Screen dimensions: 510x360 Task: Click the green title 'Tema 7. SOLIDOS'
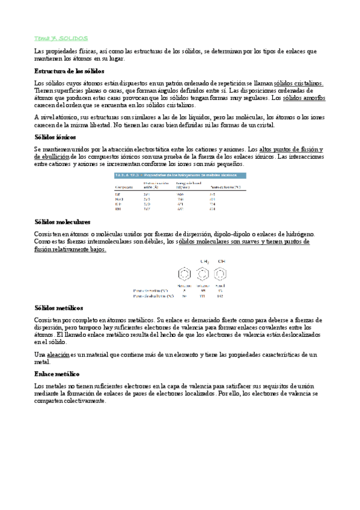click(x=61, y=37)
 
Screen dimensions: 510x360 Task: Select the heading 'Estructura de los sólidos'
click(x=69, y=70)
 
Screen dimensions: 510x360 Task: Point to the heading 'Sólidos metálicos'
click(x=59, y=307)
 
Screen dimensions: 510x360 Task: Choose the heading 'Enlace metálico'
click(x=57, y=373)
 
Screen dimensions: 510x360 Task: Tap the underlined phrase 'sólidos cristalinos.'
click(x=298, y=83)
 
